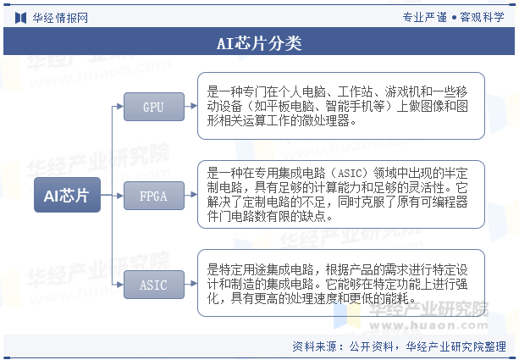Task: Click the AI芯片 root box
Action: pos(67,195)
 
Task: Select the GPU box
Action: pos(154,107)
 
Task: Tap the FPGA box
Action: pos(154,196)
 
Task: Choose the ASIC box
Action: pos(154,285)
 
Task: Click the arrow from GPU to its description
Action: pos(191,106)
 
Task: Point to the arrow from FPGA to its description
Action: pos(191,195)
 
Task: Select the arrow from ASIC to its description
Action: pos(191,284)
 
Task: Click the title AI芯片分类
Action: pos(259,43)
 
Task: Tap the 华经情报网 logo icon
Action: pos(20,18)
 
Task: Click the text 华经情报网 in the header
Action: pos(60,18)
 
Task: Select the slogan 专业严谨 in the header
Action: pos(425,17)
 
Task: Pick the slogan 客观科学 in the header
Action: pos(483,17)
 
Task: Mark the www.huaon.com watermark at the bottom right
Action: pos(428,325)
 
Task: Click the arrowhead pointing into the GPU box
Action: pos(120,107)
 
